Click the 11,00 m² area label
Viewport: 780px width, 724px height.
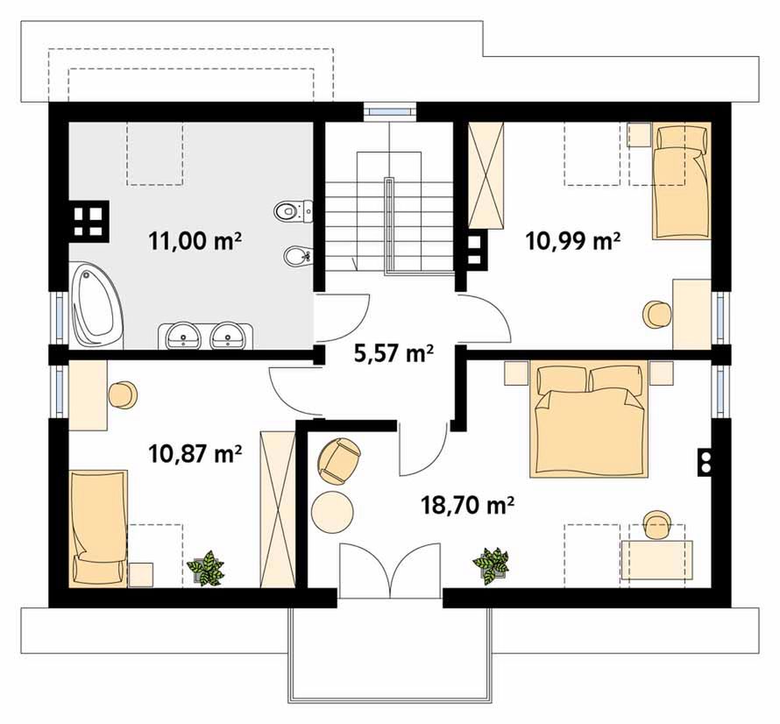tap(195, 241)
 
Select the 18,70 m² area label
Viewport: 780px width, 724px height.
tap(467, 506)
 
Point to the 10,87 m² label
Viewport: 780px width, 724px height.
tap(195, 454)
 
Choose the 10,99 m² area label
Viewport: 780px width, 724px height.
tap(572, 241)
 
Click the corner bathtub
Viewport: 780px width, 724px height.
tap(96, 304)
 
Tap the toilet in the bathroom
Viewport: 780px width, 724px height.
tap(294, 211)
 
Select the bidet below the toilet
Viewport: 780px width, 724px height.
tap(298, 256)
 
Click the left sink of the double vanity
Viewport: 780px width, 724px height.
tap(183, 335)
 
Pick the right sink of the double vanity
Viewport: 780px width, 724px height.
tap(228, 335)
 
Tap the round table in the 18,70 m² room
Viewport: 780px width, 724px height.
tap(332, 512)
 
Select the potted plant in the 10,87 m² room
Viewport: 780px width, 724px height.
tap(206, 568)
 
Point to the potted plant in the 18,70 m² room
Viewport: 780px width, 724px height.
tap(492, 565)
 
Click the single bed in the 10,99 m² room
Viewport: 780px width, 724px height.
tap(681, 181)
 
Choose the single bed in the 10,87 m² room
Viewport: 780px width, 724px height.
tap(98, 529)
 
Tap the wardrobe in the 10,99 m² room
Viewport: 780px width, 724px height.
tap(486, 175)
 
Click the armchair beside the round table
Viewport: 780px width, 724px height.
tap(338, 461)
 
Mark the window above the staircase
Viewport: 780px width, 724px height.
tap(389, 110)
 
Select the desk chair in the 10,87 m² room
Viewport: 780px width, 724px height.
tap(123, 395)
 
